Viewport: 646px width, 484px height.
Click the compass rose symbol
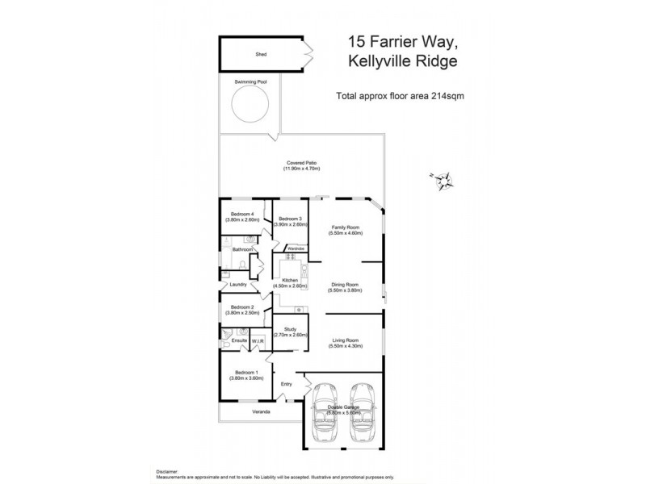(x=443, y=181)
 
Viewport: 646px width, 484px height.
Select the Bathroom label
(x=243, y=250)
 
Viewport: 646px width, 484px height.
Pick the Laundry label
(x=237, y=284)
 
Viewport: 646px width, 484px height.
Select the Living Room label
(x=346, y=343)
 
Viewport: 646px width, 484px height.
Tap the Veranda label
(x=260, y=412)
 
